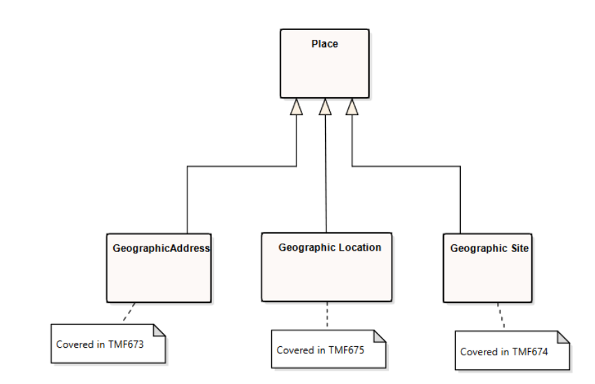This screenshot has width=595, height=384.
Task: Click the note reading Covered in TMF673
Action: [108, 344]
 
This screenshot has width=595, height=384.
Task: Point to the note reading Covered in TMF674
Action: [512, 351]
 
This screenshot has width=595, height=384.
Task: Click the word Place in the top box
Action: [324, 44]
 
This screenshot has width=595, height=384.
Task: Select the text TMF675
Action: [347, 350]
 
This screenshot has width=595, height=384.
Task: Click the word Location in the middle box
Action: [360, 247]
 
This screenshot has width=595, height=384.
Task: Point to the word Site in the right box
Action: [519, 249]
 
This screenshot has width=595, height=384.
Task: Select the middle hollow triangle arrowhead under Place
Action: [325, 107]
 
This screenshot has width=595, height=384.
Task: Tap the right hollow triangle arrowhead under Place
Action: [352, 107]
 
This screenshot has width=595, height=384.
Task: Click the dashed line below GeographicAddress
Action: [129, 312]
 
